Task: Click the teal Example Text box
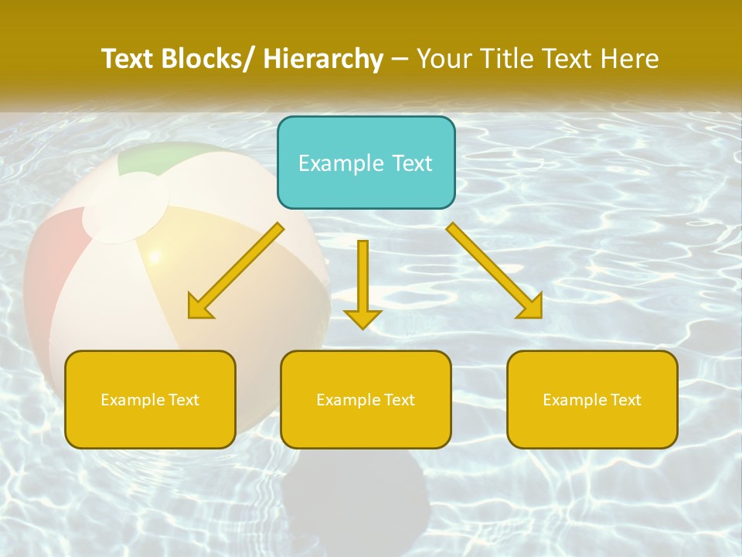[366, 162]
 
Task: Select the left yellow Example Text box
[150, 399]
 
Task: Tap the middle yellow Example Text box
[366, 399]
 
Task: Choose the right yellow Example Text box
[592, 399]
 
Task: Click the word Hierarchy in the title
[323, 59]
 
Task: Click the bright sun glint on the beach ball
[155, 256]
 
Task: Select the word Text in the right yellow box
[625, 399]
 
